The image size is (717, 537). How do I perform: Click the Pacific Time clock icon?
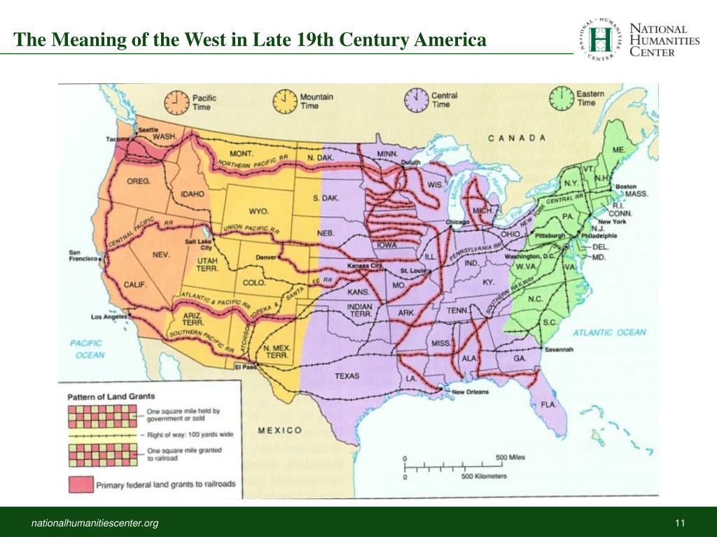176,102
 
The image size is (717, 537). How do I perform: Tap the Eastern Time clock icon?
562,99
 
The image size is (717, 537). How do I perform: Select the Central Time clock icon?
417,100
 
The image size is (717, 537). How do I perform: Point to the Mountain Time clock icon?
285,101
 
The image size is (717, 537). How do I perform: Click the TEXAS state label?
347,376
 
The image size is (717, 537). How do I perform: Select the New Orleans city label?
469,392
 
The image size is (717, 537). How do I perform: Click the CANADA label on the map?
517,138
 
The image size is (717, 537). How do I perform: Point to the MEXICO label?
280,430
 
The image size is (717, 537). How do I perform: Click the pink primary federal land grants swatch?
81,484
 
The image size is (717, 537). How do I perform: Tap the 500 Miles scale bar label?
510,457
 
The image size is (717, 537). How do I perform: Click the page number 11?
679,524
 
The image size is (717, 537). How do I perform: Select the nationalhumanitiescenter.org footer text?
93,524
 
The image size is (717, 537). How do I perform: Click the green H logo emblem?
599,40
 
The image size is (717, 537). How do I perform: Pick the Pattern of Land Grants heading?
111,396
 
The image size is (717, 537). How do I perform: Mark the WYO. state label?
258,210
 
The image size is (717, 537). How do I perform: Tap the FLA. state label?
548,404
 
